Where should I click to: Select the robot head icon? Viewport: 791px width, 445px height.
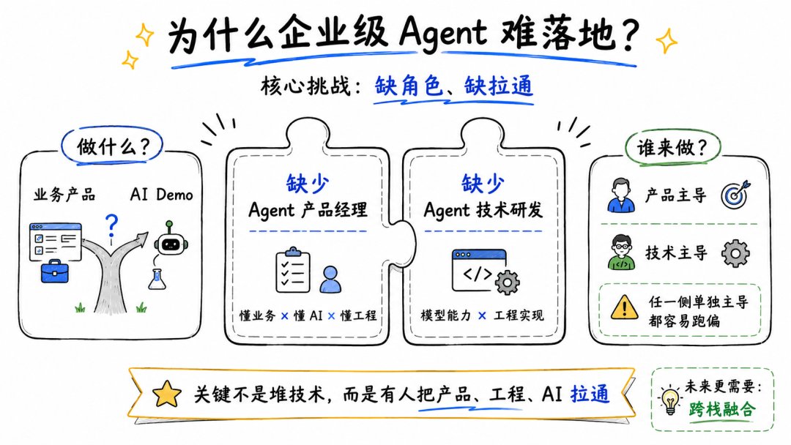click(171, 240)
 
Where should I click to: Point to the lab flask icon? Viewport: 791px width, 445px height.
click(157, 279)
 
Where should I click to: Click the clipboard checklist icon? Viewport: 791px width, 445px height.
click(292, 269)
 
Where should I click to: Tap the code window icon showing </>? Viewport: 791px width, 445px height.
click(479, 270)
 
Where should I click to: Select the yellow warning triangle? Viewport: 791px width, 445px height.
click(625, 307)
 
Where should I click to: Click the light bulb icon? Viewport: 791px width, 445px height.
click(670, 400)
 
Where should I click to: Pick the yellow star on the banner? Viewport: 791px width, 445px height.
click(167, 394)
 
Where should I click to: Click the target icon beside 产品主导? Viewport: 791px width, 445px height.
click(735, 195)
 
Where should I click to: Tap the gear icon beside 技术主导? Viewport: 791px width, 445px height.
click(735, 253)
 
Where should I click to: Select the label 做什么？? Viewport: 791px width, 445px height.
click(113, 147)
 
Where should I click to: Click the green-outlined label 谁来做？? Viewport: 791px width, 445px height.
click(672, 148)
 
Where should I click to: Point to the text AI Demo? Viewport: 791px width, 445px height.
click(161, 194)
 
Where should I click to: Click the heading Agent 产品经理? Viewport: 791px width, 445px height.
click(308, 209)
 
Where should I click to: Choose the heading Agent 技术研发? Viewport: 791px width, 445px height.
click(483, 209)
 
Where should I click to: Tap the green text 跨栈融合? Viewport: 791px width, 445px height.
click(722, 408)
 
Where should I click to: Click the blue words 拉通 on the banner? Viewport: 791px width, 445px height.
click(590, 394)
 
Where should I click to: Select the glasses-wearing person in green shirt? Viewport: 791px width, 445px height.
click(621, 252)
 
